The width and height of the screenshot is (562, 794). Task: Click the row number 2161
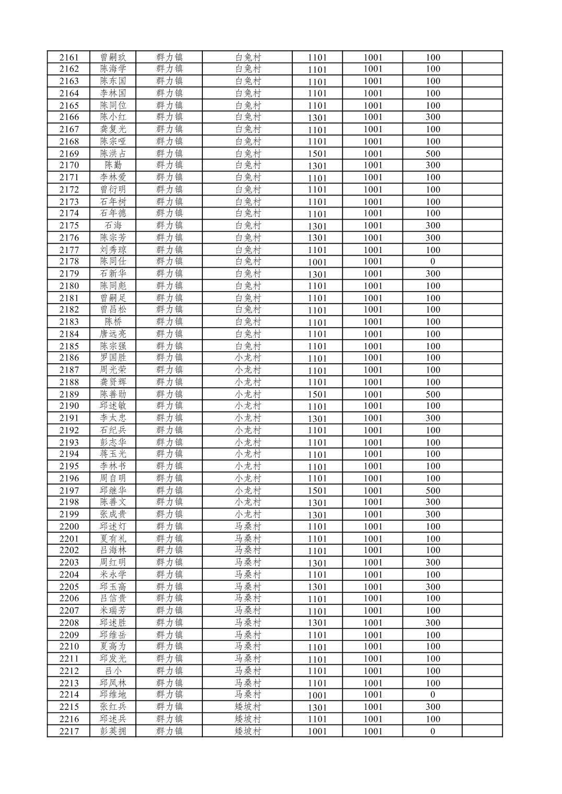click(69, 57)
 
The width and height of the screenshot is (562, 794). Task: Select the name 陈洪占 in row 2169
click(113, 154)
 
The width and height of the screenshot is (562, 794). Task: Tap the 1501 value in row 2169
click(317, 154)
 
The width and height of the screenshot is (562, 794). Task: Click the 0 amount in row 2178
click(432, 261)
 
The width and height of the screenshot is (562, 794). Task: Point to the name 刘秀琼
click(113, 250)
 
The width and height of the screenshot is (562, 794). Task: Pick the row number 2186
click(69, 358)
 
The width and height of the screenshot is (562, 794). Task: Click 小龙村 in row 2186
click(247, 358)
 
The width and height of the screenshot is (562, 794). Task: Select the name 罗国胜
click(113, 358)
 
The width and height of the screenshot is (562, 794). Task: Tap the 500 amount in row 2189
click(432, 394)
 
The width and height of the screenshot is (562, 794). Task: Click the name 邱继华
click(113, 490)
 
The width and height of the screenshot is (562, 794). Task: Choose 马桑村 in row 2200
click(247, 526)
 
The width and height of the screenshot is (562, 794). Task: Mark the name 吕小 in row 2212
click(113, 671)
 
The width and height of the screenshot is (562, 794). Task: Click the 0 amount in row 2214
click(432, 695)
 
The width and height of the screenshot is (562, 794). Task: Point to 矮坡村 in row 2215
click(247, 707)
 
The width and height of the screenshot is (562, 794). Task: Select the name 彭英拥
click(113, 731)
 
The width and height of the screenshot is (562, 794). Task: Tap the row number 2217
click(69, 731)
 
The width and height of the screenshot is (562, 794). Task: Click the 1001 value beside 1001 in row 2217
click(373, 731)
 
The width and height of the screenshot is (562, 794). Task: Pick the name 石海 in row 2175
click(113, 226)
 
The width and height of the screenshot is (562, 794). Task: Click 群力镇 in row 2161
click(169, 57)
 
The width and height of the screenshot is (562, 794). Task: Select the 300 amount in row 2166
click(432, 117)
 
